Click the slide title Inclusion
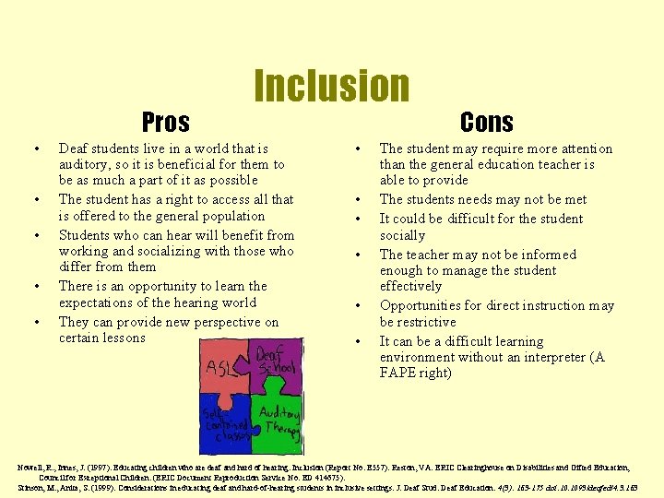click(x=331, y=86)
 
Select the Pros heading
click(x=166, y=122)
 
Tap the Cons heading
click(x=487, y=122)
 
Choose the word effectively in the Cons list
click(x=410, y=286)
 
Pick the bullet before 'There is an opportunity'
click(x=35, y=287)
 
